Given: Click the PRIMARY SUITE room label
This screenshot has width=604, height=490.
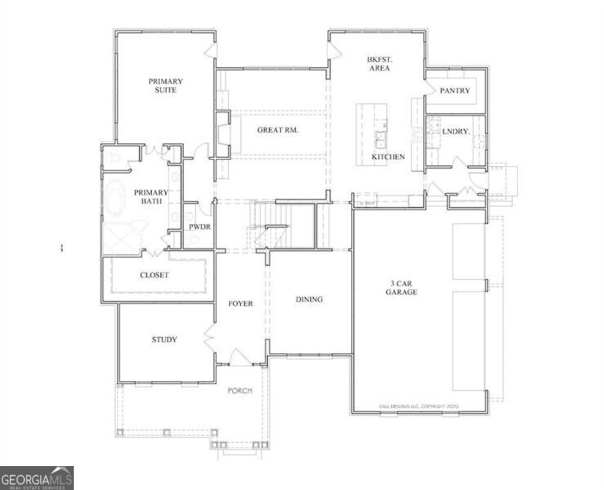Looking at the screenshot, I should (x=165, y=86).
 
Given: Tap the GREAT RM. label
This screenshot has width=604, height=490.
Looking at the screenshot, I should (x=277, y=130).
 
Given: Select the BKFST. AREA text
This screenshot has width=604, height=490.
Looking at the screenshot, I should (x=379, y=64).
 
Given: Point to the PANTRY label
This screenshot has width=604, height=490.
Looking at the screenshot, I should (x=455, y=91).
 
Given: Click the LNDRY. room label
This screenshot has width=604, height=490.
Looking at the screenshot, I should (x=456, y=132).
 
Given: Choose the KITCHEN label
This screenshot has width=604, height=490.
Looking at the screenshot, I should (x=388, y=157).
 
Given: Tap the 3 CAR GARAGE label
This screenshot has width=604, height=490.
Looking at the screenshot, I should (x=402, y=288).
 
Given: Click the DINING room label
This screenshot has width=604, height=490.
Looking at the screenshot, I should (x=309, y=299).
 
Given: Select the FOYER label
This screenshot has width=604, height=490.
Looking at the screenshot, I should (x=241, y=303).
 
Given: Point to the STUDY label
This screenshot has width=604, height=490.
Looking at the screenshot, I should (x=164, y=339).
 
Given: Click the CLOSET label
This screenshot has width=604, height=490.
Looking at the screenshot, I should (x=154, y=275).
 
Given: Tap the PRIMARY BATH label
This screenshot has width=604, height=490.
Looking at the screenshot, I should (x=150, y=197).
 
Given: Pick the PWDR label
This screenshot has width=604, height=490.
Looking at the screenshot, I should (x=196, y=226).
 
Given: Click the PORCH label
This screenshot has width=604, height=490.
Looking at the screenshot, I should (x=239, y=391).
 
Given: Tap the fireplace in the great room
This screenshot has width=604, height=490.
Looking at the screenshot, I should (x=224, y=134).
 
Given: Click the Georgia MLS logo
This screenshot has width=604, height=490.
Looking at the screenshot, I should (x=37, y=478).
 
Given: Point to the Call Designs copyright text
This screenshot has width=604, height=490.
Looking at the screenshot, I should (x=418, y=406).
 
